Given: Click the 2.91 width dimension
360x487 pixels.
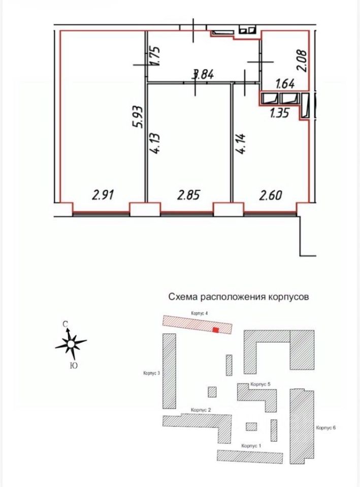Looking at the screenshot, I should pyautogui.click(x=103, y=194).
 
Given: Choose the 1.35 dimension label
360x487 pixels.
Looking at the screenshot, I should pyautogui.click(x=279, y=113).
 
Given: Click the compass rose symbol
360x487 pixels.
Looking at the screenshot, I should pyautogui.click(x=71, y=344).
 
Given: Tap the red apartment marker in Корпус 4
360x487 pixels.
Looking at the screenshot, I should pyautogui.click(x=215, y=330).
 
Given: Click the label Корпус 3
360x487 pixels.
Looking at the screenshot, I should pyautogui.click(x=152, y=373).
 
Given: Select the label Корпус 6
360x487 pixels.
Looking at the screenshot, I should pyautogui.click(x=326, y=428).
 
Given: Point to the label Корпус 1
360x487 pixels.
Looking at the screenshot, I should pyautogui.click(x=251, y=445).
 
